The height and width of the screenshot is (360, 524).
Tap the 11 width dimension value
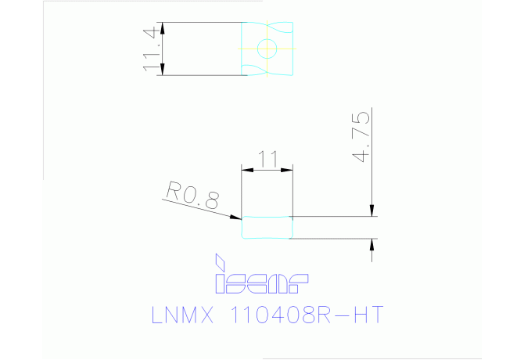pyautogui.click(x=267, y=159)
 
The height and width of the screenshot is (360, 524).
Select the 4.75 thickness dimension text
pyautogui.click(x=361, y=137)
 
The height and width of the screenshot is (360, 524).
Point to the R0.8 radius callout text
pyautogui.click(x=193, y=195)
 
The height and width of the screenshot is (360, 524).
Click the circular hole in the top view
pyautogui.click(x=267, y=49)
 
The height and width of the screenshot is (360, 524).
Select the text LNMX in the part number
pyautogui.click(x=182, y=315)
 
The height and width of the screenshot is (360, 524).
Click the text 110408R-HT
pyautogui.click(x=307, y=315)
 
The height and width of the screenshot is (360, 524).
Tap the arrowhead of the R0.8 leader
pyautogui.click(x=235, y=218)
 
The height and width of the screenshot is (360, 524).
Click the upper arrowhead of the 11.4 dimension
pyautogui.click(x=163, y=28)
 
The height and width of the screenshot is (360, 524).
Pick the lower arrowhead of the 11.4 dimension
pyautogui.click(x=163, y=70)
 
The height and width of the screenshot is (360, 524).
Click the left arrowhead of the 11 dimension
pyautogui.click(x=247, y=170)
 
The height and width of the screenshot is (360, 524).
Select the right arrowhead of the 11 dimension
pyautogui.click(x=287, y=170)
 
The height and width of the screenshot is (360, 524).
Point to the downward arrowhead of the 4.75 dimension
pyautogui.click(x=372, y=211)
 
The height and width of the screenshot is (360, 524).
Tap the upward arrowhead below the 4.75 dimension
pyautogui.click(x=372, y=245)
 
